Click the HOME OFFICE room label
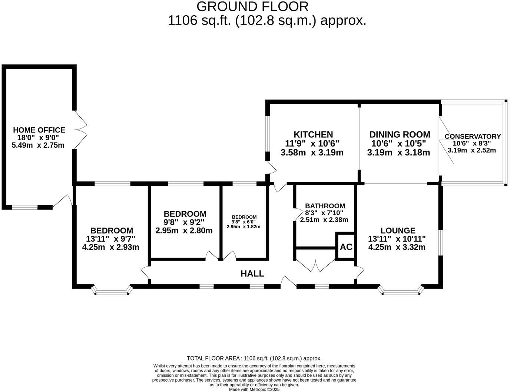pos(39,130)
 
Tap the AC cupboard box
pos(346,247)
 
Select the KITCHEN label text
pos(313,134)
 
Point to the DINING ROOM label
pos(400,134)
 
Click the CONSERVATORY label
pos(473,137)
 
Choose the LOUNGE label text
pos(398,231)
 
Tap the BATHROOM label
pos(325,206)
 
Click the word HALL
pos(252,274)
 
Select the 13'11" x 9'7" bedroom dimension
pos(110,239)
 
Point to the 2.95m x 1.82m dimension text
pos(244,227)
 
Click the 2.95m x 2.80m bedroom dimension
pos(184,231)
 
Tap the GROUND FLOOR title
pos(252,7)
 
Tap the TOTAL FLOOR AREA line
pos(254,358)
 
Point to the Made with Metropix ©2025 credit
pos(254,389)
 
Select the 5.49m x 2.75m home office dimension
pos(38,145)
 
